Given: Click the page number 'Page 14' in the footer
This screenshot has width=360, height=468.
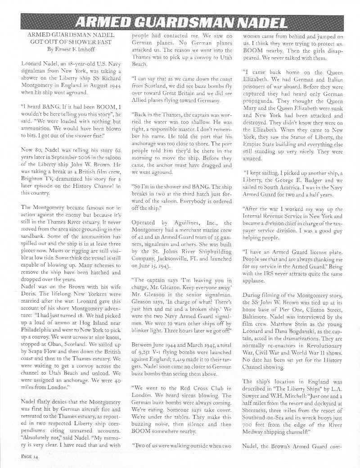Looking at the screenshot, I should (x=30, y=457).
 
